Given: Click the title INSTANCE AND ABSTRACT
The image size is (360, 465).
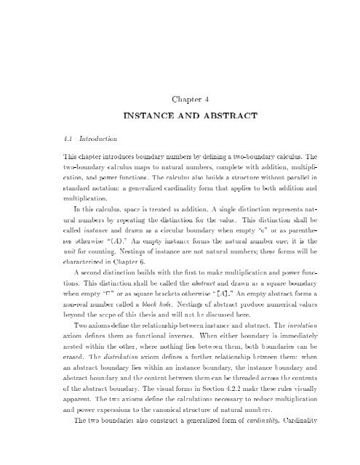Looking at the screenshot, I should pos(179,116).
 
